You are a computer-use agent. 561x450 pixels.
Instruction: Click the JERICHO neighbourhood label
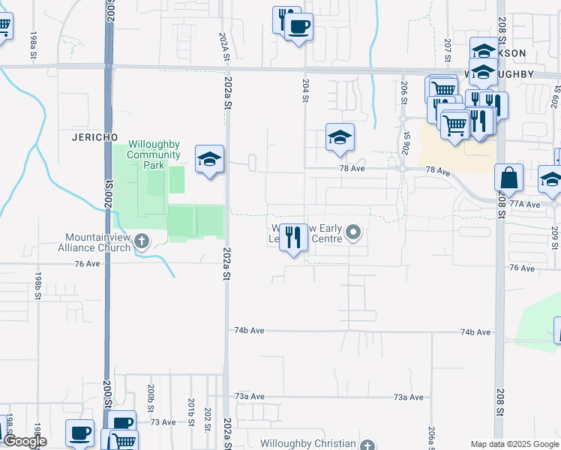coord(94,137)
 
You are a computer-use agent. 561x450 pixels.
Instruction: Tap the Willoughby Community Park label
coord(154,154)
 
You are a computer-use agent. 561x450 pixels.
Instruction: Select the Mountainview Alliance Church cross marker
coord(141,241)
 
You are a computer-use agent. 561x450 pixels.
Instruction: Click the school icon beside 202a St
coord(210,158)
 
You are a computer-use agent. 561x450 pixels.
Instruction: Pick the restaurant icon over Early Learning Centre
coord(294,238)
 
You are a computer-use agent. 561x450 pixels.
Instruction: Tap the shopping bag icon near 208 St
coord(508,178)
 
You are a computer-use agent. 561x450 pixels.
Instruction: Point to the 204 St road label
coord(306,88)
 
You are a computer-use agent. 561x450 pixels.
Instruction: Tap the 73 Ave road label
coord(163,422)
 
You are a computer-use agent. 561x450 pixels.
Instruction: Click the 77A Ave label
coord(525,204)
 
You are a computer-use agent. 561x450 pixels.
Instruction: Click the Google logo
coord(24,441)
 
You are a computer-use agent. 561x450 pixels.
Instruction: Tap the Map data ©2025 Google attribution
coord(514,444)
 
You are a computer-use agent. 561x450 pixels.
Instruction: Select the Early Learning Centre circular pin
coord(353,235)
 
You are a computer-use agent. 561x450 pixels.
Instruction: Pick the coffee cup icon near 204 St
coord(298,27)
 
